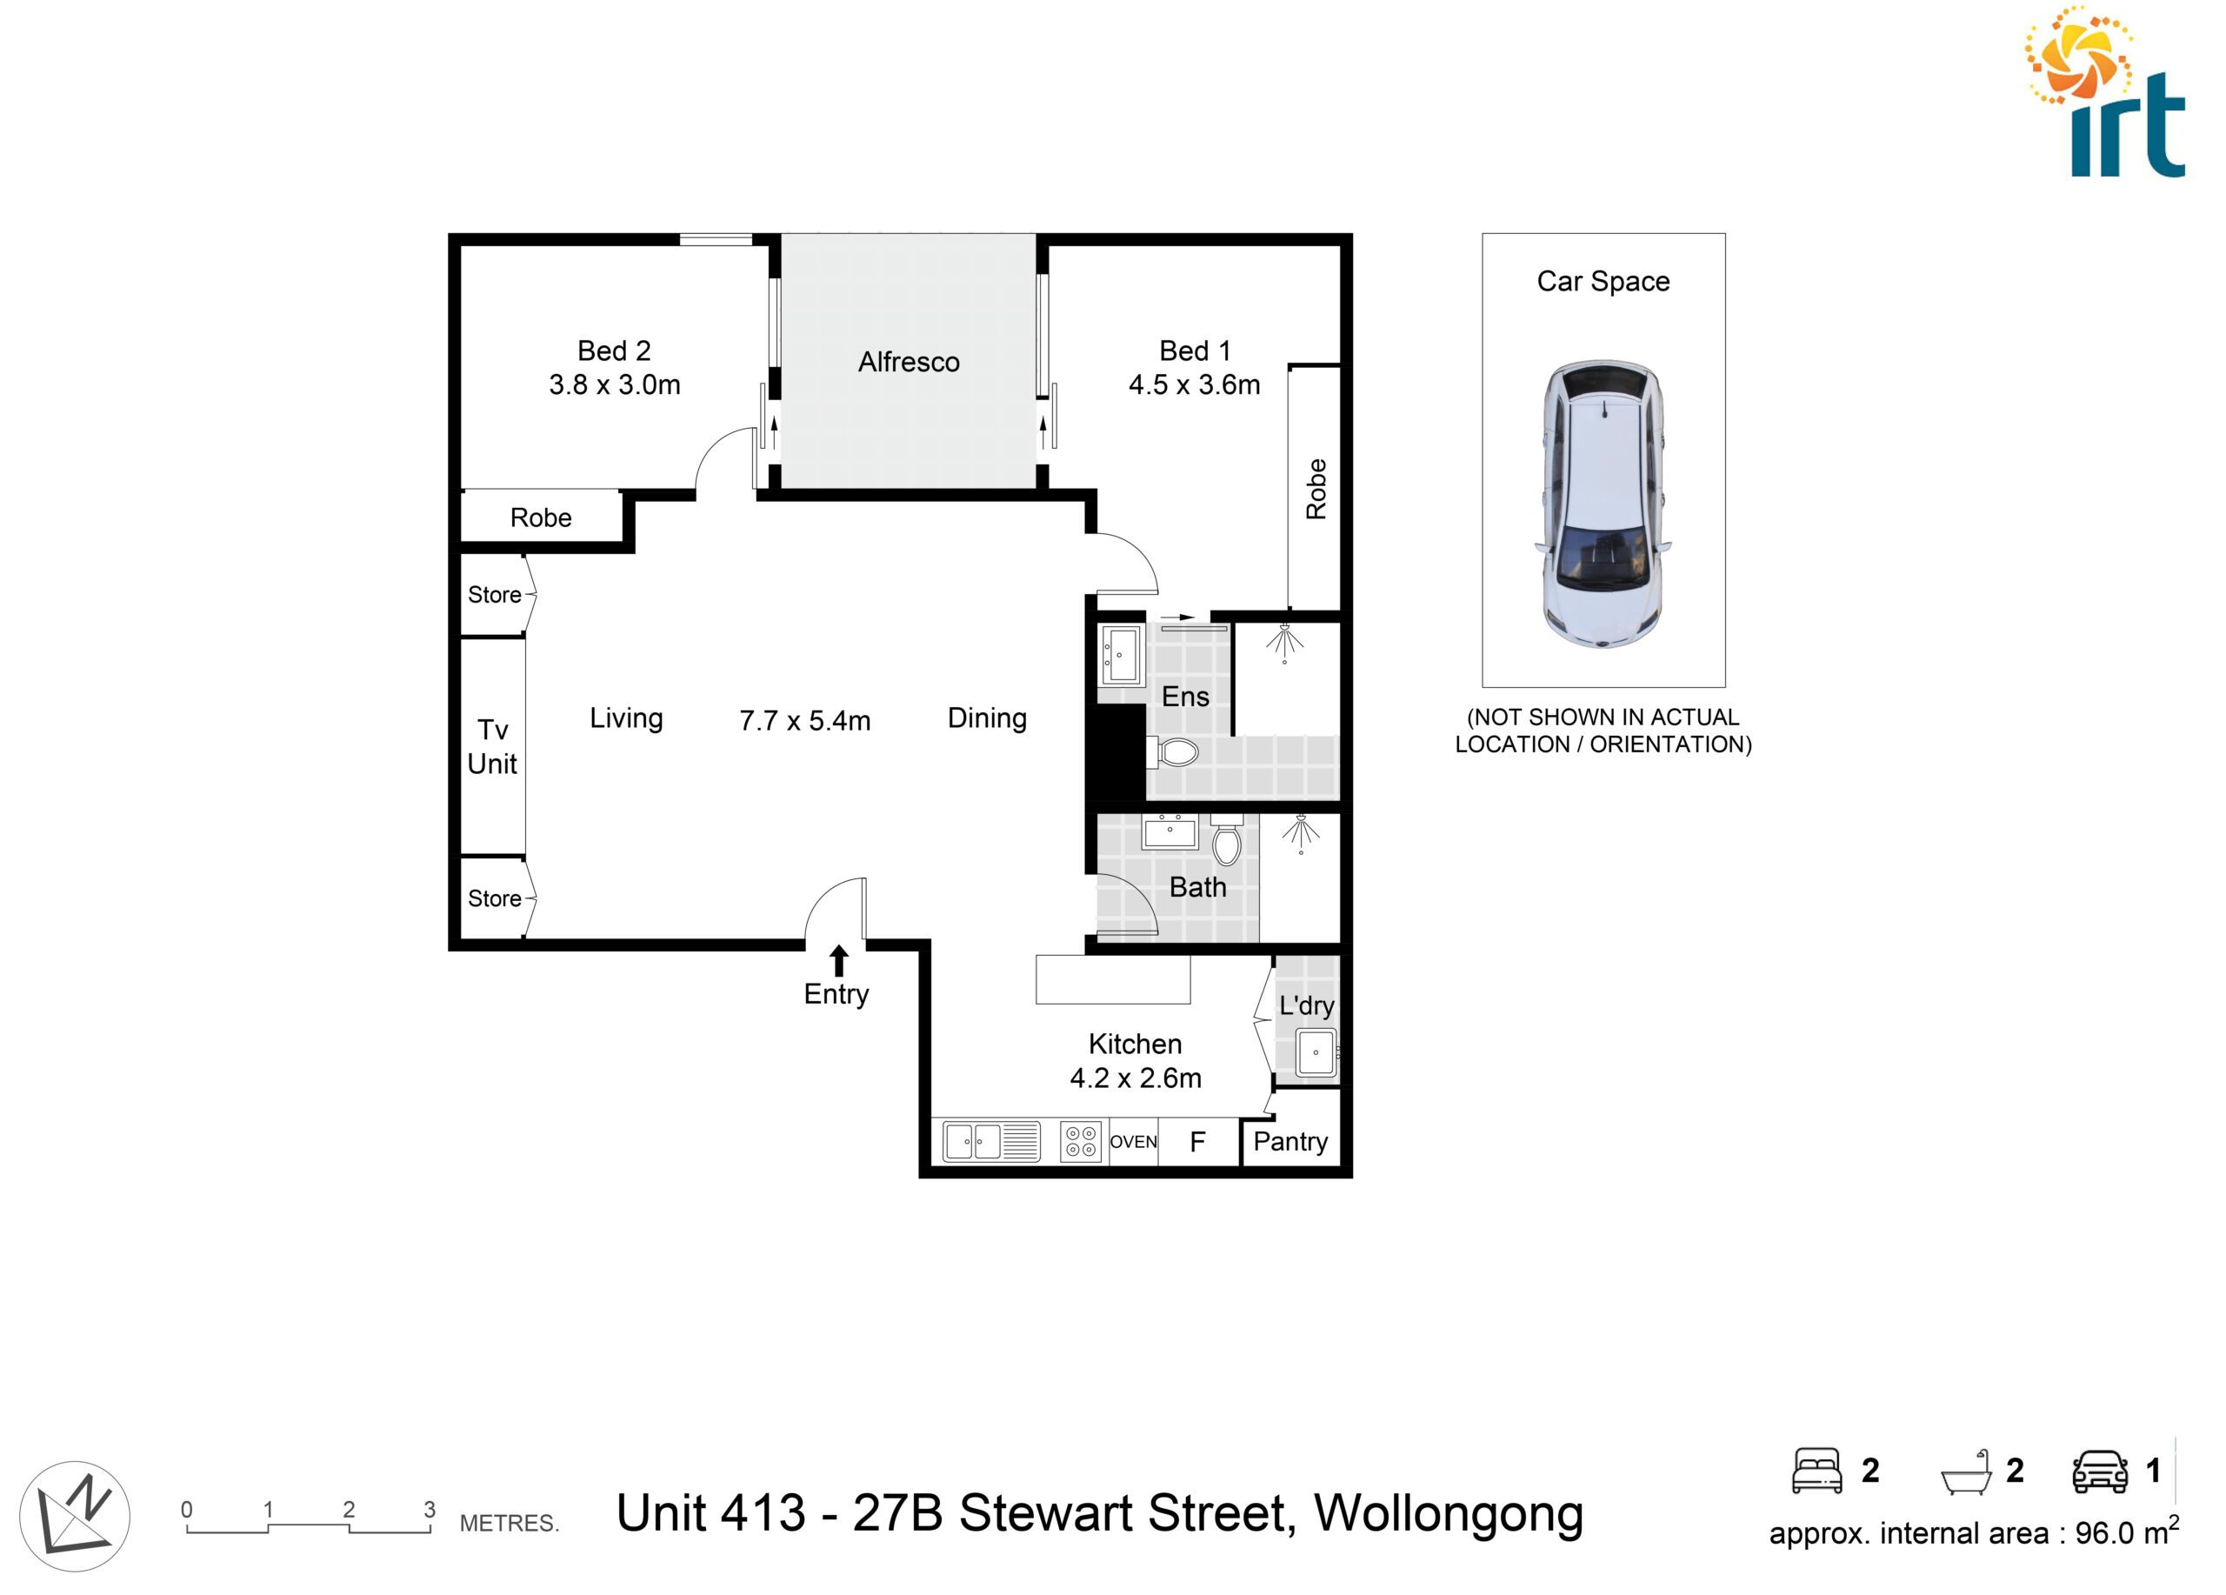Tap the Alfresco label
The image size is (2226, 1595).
(x=909, y=362)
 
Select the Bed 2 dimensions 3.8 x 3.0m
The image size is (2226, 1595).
(x=615, y=384)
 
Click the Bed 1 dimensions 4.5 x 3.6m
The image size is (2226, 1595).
(x=1195, y=384)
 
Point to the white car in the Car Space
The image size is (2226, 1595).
(x=1603, y=504)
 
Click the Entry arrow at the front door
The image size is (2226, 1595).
(x=838, y=961)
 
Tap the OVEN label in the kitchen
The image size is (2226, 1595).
(x=1134, y=1142)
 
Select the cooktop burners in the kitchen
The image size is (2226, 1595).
(x=1082, y=1142)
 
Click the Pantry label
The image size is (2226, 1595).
(x=1290, y=1142)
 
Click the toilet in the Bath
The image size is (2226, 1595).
(x=1227, y=838)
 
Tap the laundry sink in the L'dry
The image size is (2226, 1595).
(x=1316, y=1052)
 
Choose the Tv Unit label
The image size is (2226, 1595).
(x=493, y=747)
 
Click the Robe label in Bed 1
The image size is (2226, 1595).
(x=1316, y=489)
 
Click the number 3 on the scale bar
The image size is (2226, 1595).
(x=430, y=1510)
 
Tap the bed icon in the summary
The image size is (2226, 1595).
(x=1816, y=1471)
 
